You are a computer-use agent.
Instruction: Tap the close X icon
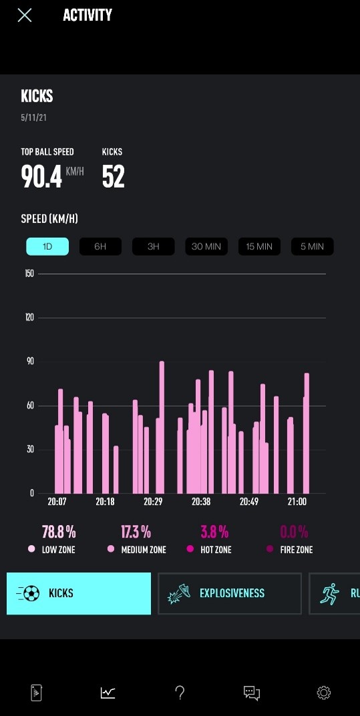pyautogui.click(x=25, y=15)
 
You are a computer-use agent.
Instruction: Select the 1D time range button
pyautogui.click(x=47, y=246)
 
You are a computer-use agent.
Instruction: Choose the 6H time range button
pyautogui.click(x=100, y=246)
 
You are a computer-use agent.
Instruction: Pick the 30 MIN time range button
pyautogui.click(x=206, y=246)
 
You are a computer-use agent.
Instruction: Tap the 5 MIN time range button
pyautogui.click(x=313, y=246)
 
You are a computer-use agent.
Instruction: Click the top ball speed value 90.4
pyautogui.click(x=41, y=176)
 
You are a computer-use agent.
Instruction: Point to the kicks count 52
pyautogui.click(x=114, y=176)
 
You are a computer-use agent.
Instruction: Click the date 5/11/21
pyautogui.click(x=34, y=118)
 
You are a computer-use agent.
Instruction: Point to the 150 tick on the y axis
pyautogui.click(x=29, y=274)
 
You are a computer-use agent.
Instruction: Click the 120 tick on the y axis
pyautogui.click(x=29, y=318)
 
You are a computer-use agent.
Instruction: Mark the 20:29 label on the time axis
pyautogui.click(x=153, y=502)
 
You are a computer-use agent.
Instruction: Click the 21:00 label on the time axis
pyautogui.click(x=297, y=502)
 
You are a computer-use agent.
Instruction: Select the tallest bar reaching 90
pyautogui.click(x=162, y=427)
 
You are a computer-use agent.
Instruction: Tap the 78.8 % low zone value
pyautogui.click(x=59, y=532)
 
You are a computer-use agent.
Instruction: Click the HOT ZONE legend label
pyautogui.click(x=216, y=550)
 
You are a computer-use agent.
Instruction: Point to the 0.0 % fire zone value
pyautogui.click(x=294, y=532)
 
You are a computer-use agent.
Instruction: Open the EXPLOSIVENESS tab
pyautogui.click(x=229, y=593)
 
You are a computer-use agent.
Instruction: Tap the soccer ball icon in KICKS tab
pyautogui.click(x=31, y=593)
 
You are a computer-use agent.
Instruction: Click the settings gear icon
pyautogui.click(x=323, y=693)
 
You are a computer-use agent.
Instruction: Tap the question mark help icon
pyautogui.click(x=180, y=693)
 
